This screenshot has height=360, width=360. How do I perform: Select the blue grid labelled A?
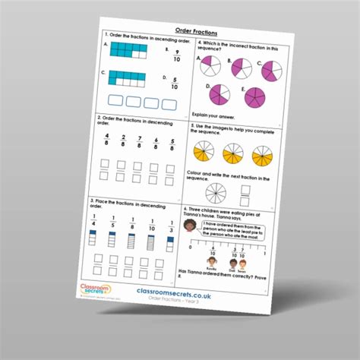click(x=129, y=50)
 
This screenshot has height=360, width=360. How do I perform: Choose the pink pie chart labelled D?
click(x=219, y=95)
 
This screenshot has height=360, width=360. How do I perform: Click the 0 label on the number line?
click(x=195, y=252)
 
